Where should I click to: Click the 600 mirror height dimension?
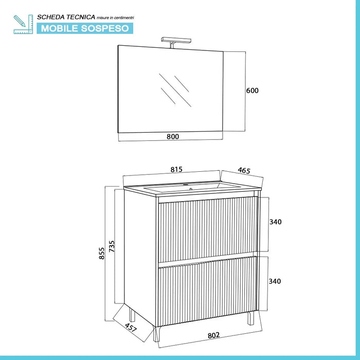click(253, 91)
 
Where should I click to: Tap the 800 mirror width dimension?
click(173, 137)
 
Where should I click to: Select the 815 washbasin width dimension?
click(176, 169)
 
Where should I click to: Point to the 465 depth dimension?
click(244, 170)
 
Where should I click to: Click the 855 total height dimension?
click(101, 253)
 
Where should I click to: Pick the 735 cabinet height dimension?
click(112, 246)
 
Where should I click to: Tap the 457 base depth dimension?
click(131, 328)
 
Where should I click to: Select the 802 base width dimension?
click(213, 335)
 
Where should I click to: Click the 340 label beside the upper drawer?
click(275, 222)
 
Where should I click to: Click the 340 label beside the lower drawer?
click(275, 281)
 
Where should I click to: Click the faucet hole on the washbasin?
click(191, 189)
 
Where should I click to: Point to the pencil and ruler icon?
click(23, 24)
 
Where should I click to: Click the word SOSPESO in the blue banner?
click(105, 28)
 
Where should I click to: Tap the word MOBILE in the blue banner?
click(60, 28)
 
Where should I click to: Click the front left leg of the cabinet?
click(157, 334)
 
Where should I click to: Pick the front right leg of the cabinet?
click(251, 318)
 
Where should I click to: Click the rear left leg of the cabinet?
click(132, 315)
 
